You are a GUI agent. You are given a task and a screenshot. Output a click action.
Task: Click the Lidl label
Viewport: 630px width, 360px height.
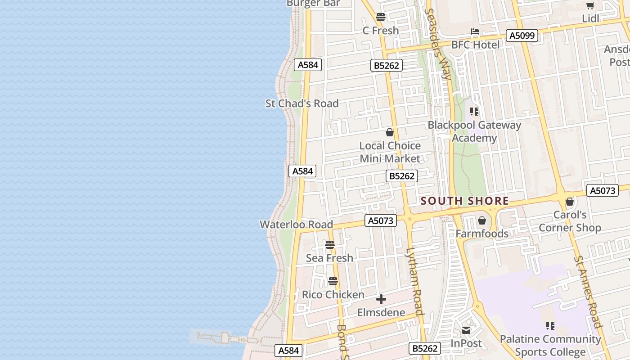coord(590,18)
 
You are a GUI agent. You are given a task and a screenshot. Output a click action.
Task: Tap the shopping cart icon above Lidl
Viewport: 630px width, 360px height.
coord(590,6)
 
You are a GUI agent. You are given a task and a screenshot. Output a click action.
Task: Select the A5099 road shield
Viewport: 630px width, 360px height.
coord(522,36)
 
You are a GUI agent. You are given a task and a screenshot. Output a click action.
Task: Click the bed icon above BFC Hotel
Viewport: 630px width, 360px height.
coord(475,31)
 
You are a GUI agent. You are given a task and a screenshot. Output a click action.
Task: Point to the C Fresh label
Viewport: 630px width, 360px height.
coord(381,31)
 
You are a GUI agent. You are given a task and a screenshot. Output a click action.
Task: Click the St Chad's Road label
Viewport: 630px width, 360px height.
coord(302,103)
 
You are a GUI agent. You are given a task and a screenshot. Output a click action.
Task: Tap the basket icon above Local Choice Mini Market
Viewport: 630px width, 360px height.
coord(390,132)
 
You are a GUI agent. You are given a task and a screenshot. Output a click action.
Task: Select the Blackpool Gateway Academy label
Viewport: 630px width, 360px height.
coord(474,131)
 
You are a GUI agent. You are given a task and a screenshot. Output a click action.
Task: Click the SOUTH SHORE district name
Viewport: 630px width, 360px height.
coord(464,201)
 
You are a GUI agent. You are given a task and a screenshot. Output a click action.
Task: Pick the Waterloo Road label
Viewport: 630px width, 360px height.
coord(296,225)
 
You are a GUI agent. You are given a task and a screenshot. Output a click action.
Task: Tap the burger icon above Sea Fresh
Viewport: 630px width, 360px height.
coord(330,245)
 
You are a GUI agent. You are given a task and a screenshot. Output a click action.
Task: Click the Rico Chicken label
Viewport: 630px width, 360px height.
coord(333,295)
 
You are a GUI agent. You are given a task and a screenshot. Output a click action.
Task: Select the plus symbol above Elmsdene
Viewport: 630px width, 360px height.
coord(381,299)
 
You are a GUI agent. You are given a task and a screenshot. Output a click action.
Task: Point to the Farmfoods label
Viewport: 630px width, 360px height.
coord(482,234)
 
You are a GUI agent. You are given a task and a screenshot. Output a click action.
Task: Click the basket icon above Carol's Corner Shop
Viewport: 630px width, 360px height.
coord(570,202)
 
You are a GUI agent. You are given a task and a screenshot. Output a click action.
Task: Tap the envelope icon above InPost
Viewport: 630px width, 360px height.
coord(466,331)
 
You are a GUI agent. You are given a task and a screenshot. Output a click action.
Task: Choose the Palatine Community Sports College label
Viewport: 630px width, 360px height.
coord(550,345)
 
